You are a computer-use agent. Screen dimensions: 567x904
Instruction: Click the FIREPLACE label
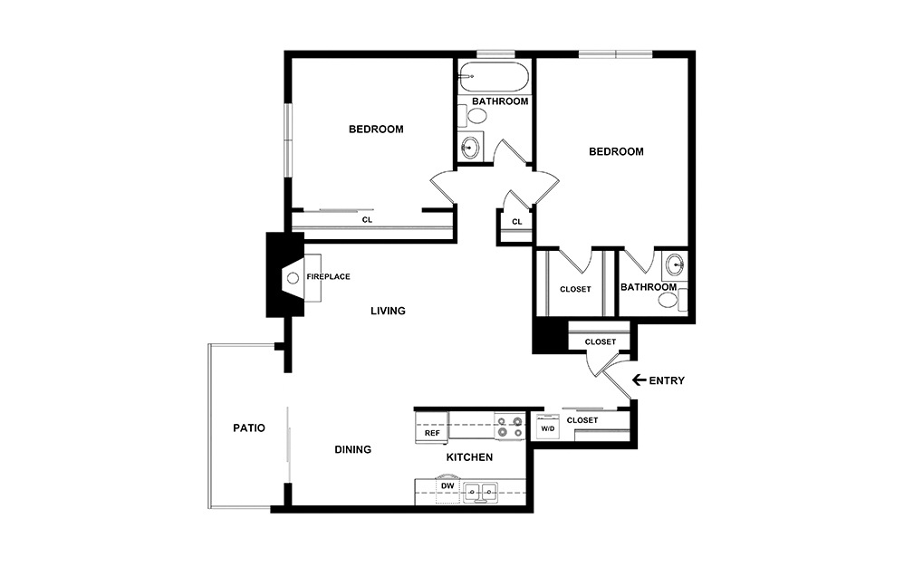pyautogui.click(x=328, y=276)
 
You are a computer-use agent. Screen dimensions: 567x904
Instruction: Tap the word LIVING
pyautogui.click(x=388, y=311)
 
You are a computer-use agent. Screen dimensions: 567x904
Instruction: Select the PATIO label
pyautogui.click(x=248, y=428)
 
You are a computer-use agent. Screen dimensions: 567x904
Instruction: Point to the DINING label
pyautogui.click(x=352, y=449)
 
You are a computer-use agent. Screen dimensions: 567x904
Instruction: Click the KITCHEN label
pyautogui.click(x=469, y=457)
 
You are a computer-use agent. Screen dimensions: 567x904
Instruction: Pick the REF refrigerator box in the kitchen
pyautogui.click(x=432, y=432)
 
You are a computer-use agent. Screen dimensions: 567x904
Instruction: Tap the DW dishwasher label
pyautogui.click(x=446, y=486)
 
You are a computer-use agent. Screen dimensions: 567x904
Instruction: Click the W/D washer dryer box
pyautogui.click(x=547, y=428)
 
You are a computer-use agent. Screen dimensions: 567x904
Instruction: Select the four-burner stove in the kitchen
pyautogui.click(x=508, y=426)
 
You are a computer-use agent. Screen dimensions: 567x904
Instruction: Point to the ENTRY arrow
pyautogui.click(x=639, y=380)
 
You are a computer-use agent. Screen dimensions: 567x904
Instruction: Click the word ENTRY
pyautogui.click(x=667, y=380)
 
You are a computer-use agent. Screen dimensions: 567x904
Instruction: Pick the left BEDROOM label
pyautogui.click(x=376, y=130)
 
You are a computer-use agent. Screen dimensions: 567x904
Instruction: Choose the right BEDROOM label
pyautogui.click(x=616, y=151)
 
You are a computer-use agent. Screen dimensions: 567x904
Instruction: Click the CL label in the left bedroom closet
pyautogui.click(x=367, y=219)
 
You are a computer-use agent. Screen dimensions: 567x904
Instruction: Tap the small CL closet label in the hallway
pyautogui.click(x=516, y=222)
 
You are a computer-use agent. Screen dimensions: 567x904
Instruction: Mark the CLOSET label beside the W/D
pyautogui.click(x=582, y=420)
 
